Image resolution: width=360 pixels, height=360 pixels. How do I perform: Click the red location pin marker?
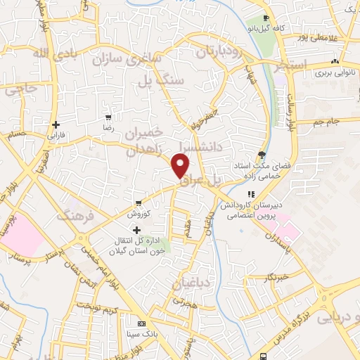coord(181,166)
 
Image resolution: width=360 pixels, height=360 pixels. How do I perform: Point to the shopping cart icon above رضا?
coord(108,117)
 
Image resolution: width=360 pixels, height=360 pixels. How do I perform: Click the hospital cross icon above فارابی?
coord(56,124)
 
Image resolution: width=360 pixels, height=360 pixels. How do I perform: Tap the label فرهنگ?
coord(77,212)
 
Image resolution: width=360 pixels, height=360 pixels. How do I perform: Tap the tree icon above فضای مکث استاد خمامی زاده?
coord(262,154)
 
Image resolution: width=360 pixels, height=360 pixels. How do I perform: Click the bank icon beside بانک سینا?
coord(142,323)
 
